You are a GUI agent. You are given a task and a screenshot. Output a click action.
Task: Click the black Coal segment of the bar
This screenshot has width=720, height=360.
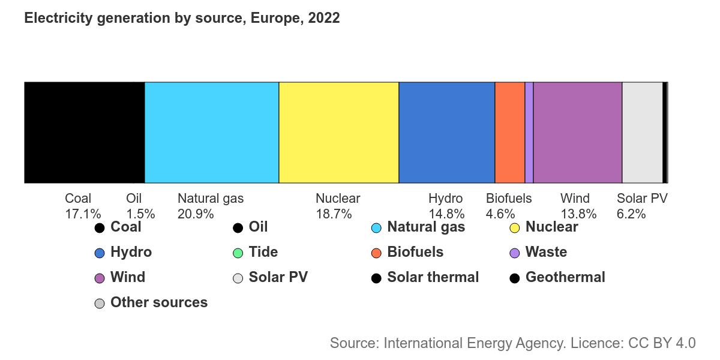point(84,132)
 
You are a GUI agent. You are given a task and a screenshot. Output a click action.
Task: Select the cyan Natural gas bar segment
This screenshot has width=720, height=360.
point(212,132)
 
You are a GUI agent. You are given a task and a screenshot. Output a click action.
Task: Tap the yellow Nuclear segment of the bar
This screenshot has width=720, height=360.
point(339,132)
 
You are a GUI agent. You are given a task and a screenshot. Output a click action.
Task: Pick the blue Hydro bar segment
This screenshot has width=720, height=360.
point(447,132)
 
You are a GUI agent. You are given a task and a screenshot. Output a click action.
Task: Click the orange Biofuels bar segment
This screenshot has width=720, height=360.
point(510,132)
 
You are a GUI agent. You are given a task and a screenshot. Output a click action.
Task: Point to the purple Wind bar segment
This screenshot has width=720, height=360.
point(578,132)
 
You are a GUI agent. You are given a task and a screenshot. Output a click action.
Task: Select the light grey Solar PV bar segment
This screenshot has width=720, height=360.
point(642,132)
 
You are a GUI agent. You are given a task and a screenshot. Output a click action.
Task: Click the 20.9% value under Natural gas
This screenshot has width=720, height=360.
point(196,214)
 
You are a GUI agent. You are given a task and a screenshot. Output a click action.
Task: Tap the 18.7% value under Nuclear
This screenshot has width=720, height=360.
point(334,214)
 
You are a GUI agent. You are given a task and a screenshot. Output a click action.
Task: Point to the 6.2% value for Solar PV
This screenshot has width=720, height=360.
point(631,214)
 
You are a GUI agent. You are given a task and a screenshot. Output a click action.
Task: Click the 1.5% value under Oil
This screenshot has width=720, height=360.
point(140,214)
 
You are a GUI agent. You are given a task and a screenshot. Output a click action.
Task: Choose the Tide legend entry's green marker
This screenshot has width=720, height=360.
point(238,253)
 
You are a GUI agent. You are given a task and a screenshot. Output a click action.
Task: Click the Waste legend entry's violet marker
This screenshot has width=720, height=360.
point(514,253)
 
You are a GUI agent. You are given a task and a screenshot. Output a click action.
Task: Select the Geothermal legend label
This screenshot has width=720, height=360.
point(565,277)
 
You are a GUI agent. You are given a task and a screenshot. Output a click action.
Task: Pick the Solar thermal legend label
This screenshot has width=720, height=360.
point(433,277)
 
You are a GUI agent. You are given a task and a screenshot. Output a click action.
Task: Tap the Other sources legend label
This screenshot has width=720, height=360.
point(159,302)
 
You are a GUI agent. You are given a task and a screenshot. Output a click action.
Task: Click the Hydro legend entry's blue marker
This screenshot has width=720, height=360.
point(100,253)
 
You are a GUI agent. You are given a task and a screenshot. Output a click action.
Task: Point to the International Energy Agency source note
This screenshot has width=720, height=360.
point(512,343)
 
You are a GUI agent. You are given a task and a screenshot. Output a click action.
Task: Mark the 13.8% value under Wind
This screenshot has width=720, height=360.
point(578,214)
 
